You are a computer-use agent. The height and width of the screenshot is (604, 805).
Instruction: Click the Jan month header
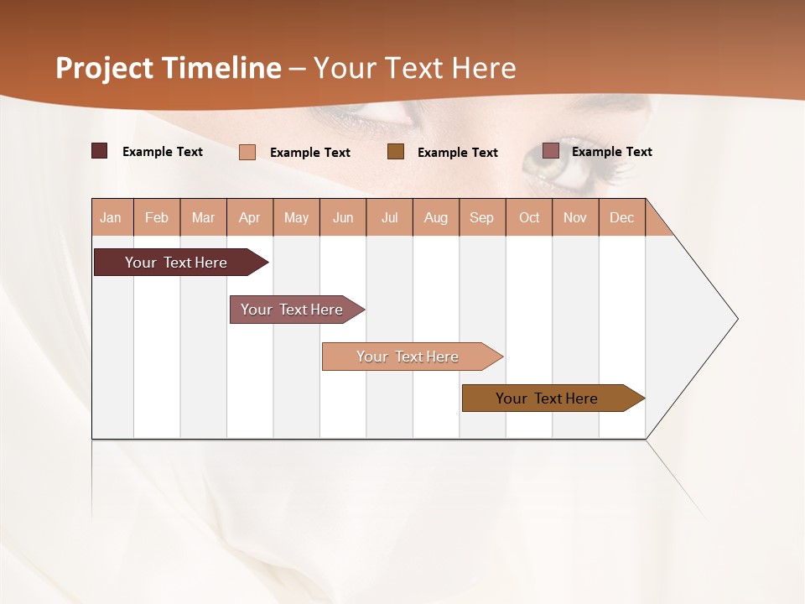[112, 217]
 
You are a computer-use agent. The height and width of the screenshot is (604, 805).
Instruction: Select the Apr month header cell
[250, 217]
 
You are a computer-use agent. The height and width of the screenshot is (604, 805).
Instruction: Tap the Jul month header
[389, 217]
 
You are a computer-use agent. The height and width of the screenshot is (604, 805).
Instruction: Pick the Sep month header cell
[482, 217]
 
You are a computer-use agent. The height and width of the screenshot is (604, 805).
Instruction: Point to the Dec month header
[621, 217]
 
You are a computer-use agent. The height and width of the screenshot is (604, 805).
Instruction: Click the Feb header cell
[157, 217]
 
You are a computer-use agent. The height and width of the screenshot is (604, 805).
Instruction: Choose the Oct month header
[529, 217]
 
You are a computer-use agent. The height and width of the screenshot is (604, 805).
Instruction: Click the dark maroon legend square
[99, 151]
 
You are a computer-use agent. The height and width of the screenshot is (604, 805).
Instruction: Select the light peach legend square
[247, 152]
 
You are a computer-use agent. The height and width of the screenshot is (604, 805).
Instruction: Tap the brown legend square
[396, 151]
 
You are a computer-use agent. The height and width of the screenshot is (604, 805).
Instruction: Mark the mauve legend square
[550, 151]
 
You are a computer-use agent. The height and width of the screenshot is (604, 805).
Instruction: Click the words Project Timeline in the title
[168, 68]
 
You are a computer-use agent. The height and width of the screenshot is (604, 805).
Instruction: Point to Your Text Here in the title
[415, 68]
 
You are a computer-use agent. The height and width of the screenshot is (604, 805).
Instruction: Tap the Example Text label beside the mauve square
[611, 152]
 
